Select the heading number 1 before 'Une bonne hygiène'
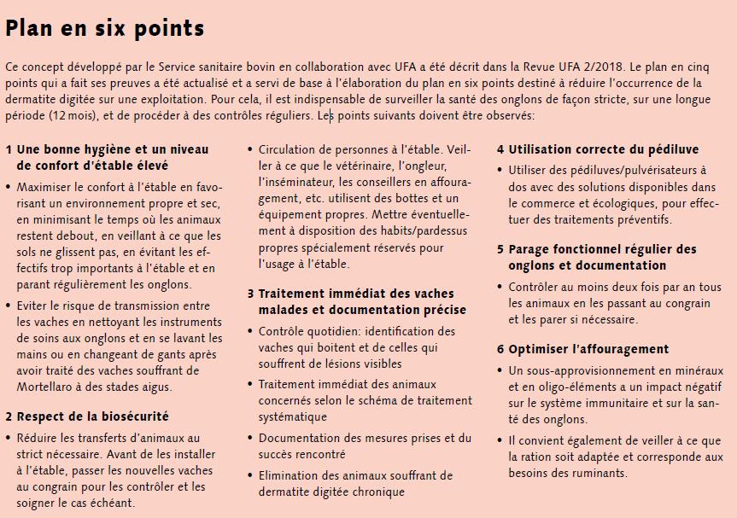pyautogui.click(x=9, y=149)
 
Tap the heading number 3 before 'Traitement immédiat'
pyautogui.click(x=251, y=294)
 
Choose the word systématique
pyautogui.click(x=293, y=416)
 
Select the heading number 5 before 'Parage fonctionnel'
pyautogui.click(x=500, y=249)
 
